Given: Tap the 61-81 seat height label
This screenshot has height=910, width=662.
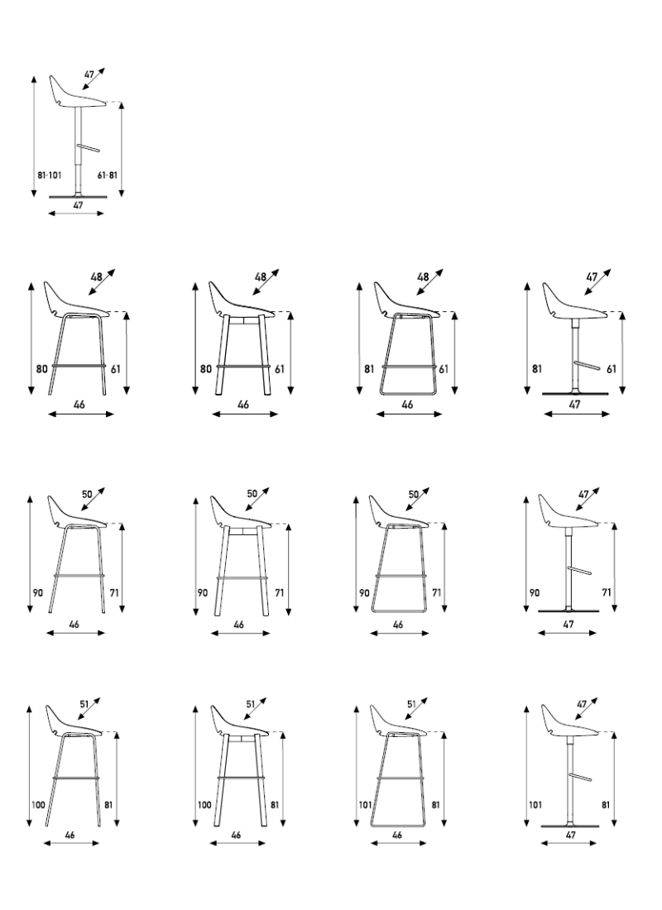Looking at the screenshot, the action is (108, 175).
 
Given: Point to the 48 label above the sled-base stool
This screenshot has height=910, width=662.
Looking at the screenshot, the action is (423, 277).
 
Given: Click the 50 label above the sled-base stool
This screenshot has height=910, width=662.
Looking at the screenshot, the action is (414, 495).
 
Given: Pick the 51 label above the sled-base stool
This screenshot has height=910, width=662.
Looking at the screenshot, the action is (411, 704).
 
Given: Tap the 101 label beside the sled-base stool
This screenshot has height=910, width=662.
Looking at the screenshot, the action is (365, 805).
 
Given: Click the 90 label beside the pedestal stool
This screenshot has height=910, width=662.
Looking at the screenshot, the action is (535, 592).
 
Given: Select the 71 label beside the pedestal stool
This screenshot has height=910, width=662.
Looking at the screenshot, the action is (607, 592).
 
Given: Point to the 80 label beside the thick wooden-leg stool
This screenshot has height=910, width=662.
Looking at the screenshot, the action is (205, 369).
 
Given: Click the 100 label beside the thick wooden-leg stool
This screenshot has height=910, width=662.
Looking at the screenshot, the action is (204, 805).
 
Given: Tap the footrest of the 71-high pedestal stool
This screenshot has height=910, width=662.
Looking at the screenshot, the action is (579, 569).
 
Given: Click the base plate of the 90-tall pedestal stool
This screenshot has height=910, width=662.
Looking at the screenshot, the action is (568, 611).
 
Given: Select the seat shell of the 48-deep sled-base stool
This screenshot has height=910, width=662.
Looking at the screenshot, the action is (406, 300).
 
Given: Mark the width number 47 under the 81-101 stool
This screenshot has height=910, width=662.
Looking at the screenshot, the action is (78, 205).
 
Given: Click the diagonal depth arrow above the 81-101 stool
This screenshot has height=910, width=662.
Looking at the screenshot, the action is (94, 79).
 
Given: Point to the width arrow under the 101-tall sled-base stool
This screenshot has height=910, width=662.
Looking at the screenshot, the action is (398, 843).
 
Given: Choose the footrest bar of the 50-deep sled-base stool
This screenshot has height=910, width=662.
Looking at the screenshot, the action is (401, 576).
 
